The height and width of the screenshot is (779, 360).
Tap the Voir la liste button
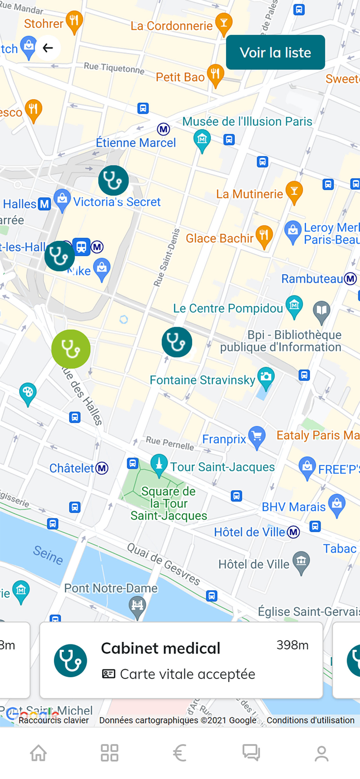[x=275, y=52]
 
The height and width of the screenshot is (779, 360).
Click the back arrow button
[x=48, y=48]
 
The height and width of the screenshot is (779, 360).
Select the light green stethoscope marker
[x=71, y=349]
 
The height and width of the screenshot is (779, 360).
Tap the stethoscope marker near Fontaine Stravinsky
[x=177, y=342]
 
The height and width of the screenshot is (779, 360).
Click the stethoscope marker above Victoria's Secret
[x=113, y=180]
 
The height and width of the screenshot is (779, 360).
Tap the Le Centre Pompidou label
[x=228, y=308]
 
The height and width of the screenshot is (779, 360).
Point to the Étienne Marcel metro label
[x=136, y=143]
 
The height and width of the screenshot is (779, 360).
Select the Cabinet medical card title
[x=161, y=648]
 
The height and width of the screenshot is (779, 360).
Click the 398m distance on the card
[x=292, y=645]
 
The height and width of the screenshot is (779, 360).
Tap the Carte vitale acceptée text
[x=187, y=674]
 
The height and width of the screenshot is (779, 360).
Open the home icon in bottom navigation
[x=38, y=753]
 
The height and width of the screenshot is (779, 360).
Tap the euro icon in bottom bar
[x=180, y=753]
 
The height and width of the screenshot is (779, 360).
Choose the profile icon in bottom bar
[x=322, y=753]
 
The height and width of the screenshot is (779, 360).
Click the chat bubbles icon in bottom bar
[x=251, y=753]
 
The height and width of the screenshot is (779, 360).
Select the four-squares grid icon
[x=110, y=753]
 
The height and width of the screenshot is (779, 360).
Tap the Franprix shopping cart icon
[x=257, y=438]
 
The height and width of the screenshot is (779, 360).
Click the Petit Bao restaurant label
[x=180, y=77]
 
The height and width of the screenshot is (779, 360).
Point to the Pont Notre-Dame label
[x=111, y=588]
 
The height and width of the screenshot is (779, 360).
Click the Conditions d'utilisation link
[x=311, y=720]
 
